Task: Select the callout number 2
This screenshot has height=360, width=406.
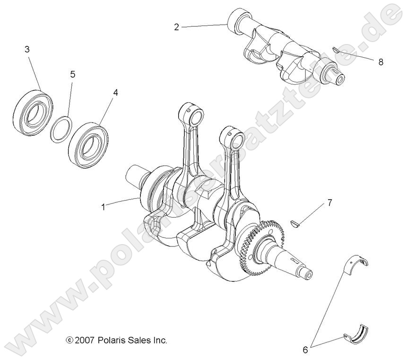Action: click(x=176, y=27)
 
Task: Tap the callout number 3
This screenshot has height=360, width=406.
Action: click(x=27, y=49)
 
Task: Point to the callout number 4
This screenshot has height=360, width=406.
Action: click(x=115, y=93)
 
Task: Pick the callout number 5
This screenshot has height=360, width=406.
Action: click(x=72, y=74)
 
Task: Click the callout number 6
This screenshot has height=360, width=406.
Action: click(x=305, y=350)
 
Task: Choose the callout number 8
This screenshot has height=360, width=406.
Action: click(x=381, y=62)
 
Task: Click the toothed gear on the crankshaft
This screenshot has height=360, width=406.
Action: click(x=250, y=246)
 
